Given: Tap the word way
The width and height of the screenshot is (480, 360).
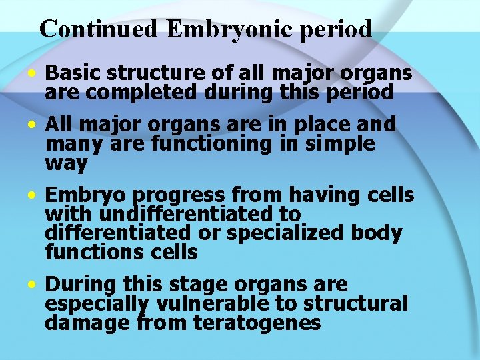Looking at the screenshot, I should (66, 163).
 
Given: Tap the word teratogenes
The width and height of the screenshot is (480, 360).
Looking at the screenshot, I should (257, 323).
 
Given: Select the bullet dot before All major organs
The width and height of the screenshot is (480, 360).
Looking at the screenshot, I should (31, 124).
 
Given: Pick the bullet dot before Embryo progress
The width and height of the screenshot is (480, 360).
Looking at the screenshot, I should (31, 196).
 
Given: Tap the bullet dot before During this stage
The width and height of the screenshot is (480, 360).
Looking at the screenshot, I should (31, 285).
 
